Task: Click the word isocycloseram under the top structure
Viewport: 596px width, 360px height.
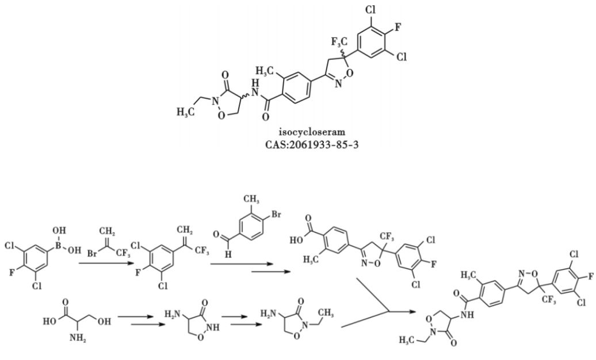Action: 298,132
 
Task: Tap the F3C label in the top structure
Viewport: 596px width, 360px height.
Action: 339,41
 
